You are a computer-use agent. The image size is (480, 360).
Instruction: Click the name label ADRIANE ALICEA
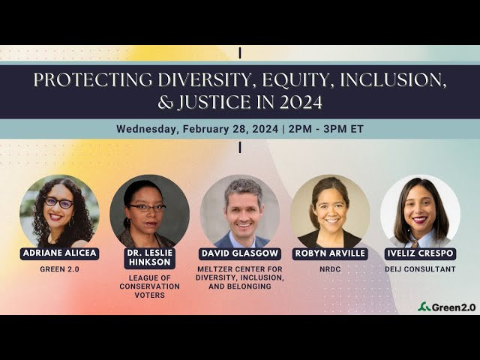pos(59,253)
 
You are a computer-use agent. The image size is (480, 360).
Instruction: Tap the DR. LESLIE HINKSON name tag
pos(150,258)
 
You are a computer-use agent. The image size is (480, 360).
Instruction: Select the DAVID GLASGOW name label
pos(240,253)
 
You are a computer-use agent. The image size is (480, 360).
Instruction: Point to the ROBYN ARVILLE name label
pos(330,253)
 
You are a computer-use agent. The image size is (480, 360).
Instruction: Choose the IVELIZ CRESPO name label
pos(420,253)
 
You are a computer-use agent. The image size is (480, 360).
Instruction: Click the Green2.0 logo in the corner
pos(447,307)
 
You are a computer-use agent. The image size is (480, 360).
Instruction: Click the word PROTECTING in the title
pos(92,79)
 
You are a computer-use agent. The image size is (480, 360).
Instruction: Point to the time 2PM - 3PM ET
pos(326,129)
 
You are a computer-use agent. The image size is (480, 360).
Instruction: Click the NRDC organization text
pos(330,269)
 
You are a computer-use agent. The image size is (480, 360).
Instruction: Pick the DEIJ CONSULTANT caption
pos(420,269)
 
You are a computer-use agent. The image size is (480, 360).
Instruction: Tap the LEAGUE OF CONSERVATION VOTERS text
pos(150,286)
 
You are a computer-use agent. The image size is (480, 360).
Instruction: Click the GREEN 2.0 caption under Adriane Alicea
pos(59,269)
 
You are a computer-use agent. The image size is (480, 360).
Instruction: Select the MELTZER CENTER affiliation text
pos(240,277)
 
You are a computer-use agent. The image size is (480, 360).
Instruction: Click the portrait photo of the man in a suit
pos(240,211)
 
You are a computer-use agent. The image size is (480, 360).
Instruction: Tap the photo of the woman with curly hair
pos(59,211)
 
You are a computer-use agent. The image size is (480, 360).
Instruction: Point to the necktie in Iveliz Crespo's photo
pos(415,244)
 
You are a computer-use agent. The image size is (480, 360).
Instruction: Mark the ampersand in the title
pos(165,102)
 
